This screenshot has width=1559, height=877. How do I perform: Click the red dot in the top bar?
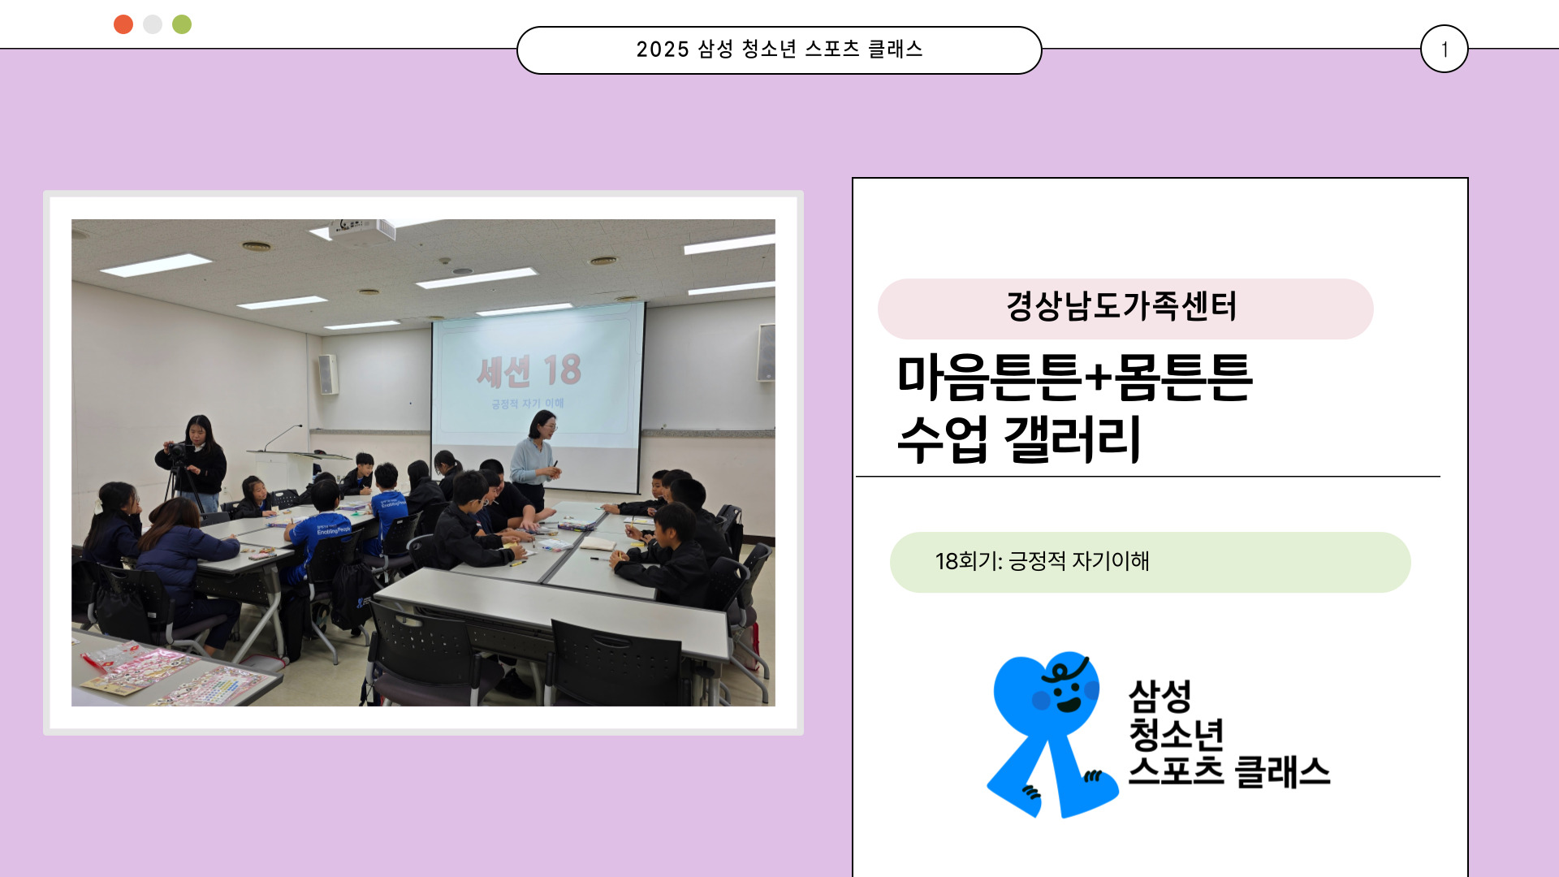pyautogui.click(x=123, y=24)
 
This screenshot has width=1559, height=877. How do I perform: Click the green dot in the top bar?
pyautogui.click(x=182, y=24)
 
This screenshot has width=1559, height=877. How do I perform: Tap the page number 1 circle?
pyautogui.click(x=1445, y=49)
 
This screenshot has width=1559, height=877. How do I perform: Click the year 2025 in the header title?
pyautogui.click(x=663, y=50)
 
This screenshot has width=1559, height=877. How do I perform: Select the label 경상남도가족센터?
pyautogui.click(x=1121, y=306)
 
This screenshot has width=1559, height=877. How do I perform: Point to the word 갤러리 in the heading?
pyautogui.click(x=1073, y=438)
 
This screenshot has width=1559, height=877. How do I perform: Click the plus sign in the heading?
pyautogui.click(x=1097, y=378)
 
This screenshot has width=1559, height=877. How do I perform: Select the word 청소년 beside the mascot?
pyautogui.click(x=1176, y=734)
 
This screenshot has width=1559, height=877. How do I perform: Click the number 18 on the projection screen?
pyautogui.click(x=562, y=370)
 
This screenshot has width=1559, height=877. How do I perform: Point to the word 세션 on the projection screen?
pyautogui.click(x=503, y=372)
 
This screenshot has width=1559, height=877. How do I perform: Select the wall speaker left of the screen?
pyautogui.click(x=328, y=374)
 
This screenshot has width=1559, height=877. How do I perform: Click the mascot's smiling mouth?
pyautogui.click(x=1069, y=703)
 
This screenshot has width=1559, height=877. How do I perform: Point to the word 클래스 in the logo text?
pyautogui.click(x=1282, y=771)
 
